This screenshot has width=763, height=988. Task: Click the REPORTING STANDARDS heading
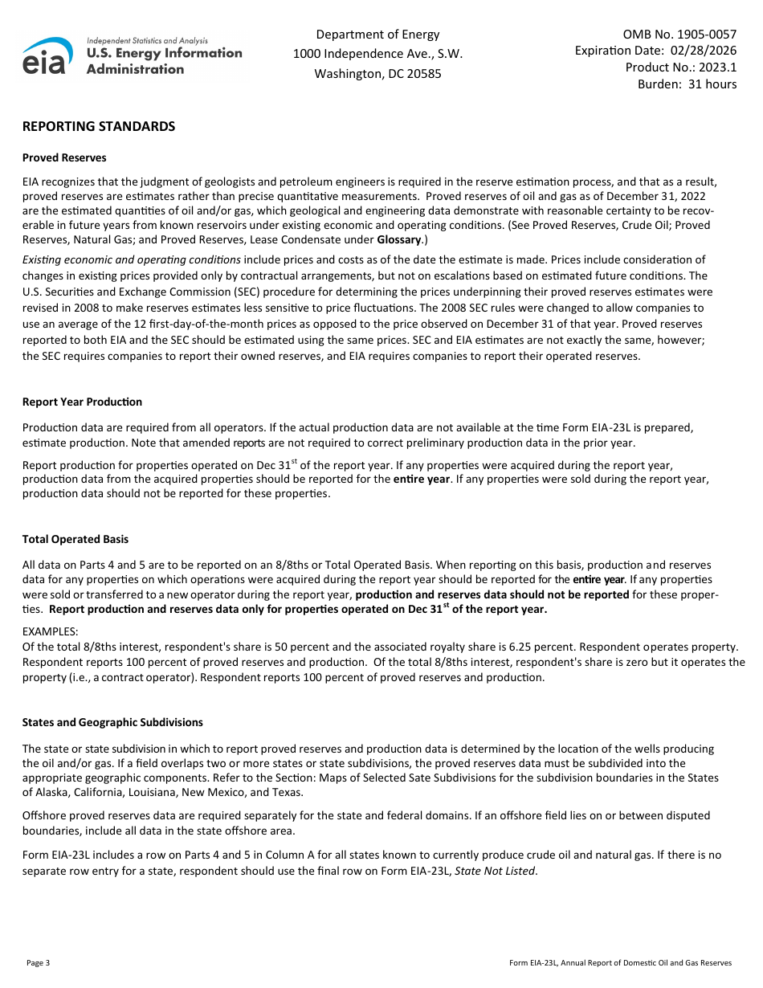click(x=99, y=127)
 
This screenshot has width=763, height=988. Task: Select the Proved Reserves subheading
click(x=64, y=157)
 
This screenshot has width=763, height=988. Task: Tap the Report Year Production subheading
click(x=82, y=402)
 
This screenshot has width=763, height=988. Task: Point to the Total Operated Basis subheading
click(x=75, y=539)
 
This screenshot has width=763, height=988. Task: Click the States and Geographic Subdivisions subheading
click(x=112, y=722)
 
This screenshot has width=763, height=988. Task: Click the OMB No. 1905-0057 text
click(x=679, y=35)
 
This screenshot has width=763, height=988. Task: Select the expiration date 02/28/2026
click(x=704, y=51)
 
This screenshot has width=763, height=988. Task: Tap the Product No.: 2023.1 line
click(x=681, y=67)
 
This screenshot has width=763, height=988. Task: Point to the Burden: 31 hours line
click(x=687, y=84)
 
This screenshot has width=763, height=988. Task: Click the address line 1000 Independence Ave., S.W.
click(x=377, y=54)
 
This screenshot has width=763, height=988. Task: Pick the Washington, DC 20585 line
click(x=377, y=74)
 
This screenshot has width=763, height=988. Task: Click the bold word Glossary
click(x=398, y=239)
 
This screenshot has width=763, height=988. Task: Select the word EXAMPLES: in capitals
click(x=51, y=632)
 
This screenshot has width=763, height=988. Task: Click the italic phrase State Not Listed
click(x=494, y=871)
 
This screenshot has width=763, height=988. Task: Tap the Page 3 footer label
click(x=38, y=962)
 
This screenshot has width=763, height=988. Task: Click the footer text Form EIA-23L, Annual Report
click(x=620, y=962)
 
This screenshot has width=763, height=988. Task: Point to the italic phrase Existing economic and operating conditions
click(x=132, y=259)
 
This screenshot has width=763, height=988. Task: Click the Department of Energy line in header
click(x=377, y=35)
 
